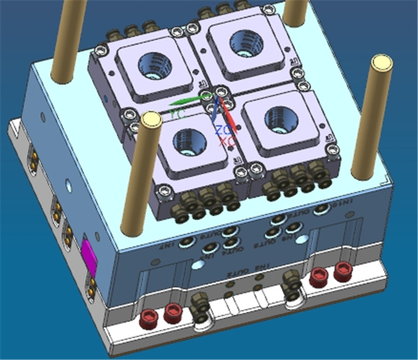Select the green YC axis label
pyautogui.click(x=177, y=114)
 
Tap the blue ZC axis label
pyautogui.click(x=222, y=130)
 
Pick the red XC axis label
pyautogui.click(x=227, y=141)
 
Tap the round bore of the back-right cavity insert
pyautogui.click(x=243, y=40)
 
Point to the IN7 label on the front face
pyautogui.click(x=172, y=244)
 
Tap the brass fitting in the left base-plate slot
pyautogui.click(x=201, y=310)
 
